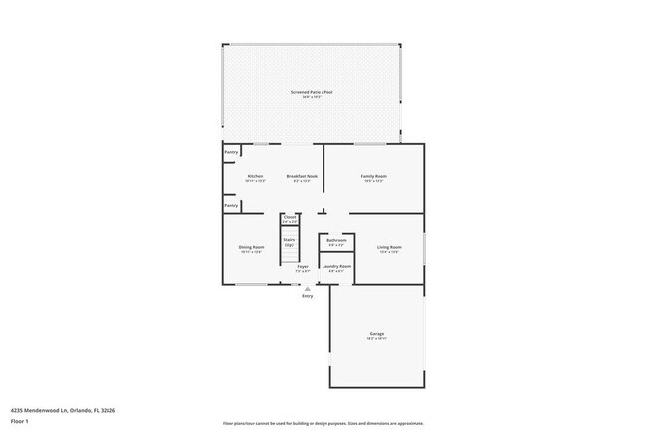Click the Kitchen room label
pos(255,176)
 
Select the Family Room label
pos(373,176)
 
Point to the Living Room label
pos(388,247)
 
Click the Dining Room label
pos(251,247)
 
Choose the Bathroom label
pos(336,240)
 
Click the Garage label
pos(377,334)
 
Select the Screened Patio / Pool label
pos(312,92)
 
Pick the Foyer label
pos(302,267)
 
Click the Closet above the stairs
pos(290,217)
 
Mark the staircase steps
pos(290,249)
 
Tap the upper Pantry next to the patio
pos(231,153)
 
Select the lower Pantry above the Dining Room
pos(231,205)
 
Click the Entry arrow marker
pos(307,289)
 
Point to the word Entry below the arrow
pos(307,296)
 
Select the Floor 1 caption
pos(20,421)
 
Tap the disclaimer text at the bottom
pos(323,422)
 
